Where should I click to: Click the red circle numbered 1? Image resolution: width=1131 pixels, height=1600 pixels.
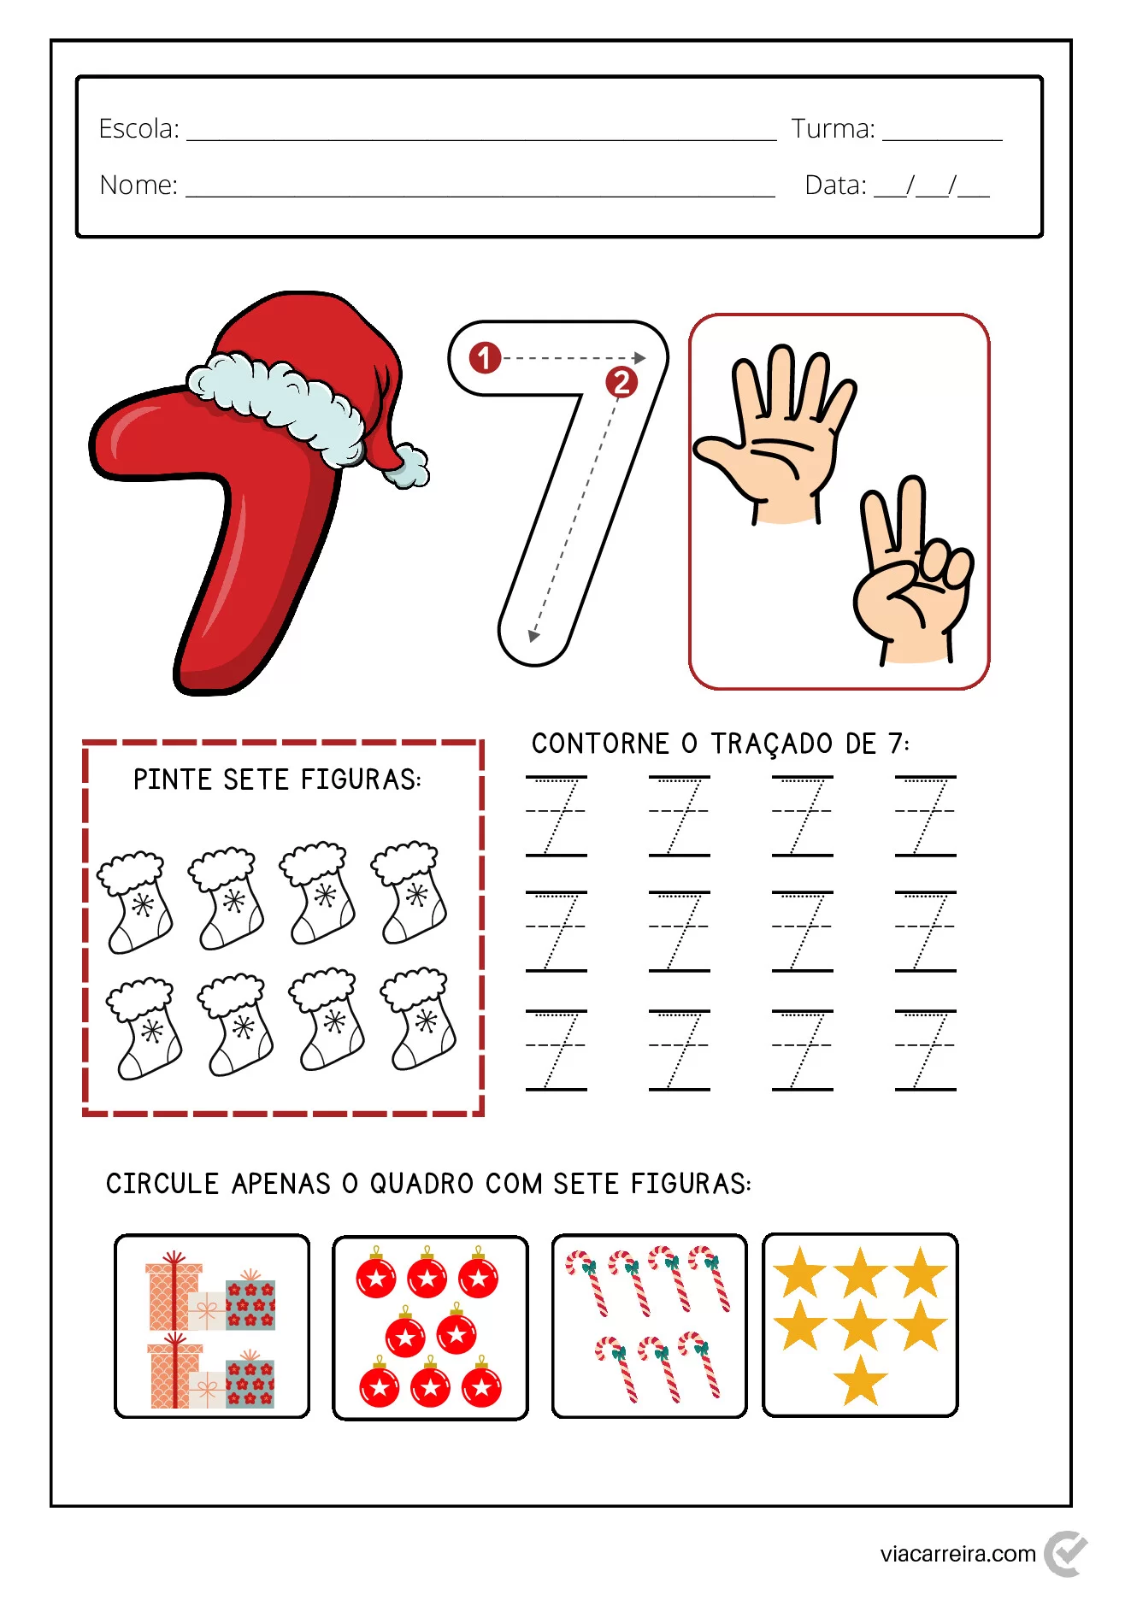pyautogui.click(x=485, y=357)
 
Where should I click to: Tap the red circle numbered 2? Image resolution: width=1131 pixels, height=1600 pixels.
pyautogui.click(x=621, y=382)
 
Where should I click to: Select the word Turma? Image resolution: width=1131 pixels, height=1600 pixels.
pyautogui.click(x=833, y=129)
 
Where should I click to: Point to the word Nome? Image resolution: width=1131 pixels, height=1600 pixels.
pyautogui.click(x=138, y=185)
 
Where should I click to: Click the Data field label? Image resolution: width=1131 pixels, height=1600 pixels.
pyautogui.click(x=835, y=185)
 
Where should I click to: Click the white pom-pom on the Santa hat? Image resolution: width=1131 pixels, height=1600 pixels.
pyautogui.click(x=408, y=466)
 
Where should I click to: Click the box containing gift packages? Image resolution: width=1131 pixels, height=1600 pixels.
pyautogui.click(x=212, y=1326)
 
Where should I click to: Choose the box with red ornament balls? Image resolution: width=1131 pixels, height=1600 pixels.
pyautogui.click(x=430, y=1327)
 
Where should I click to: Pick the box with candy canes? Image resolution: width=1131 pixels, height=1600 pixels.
pyautogui.click(x=649, y=1326)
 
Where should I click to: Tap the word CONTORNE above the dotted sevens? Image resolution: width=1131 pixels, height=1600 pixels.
pyautogui.click(x=600, y=744)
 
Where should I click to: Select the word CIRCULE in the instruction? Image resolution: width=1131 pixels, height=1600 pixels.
pyautogui.click(x=162, y=1184)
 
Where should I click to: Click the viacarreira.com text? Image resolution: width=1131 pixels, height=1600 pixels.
pyautogui.click(x=957, y=1553)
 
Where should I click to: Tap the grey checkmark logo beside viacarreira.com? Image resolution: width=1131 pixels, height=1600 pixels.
pyautogui.click(x=1065, y=1553)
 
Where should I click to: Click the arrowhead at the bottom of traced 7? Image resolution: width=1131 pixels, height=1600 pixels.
pyautogui.click(x=533, y=635)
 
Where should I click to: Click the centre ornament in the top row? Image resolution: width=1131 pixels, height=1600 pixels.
pyautogui.click(x=427, y=1278)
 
